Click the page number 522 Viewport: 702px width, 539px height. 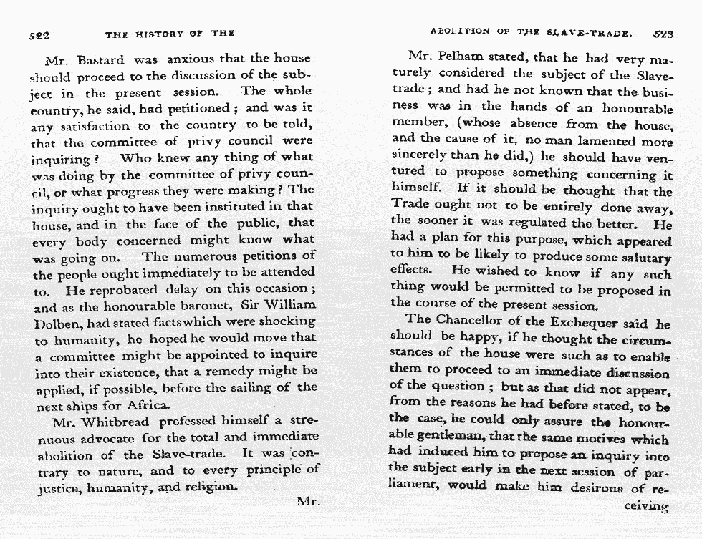tap(38, 34)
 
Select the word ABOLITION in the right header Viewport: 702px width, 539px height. tap(460, 32)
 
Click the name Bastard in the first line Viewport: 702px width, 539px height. tap(100, 59)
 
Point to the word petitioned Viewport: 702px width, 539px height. tap(199, 107)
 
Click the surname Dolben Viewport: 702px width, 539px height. tap(55, 322)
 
